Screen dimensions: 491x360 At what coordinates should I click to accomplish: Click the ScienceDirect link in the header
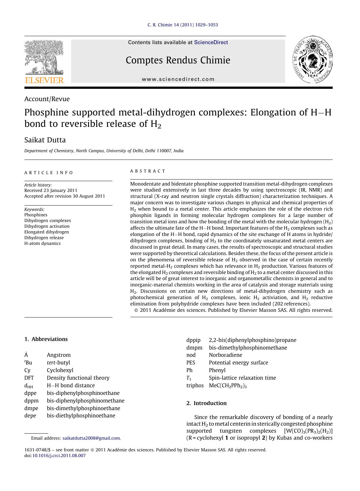(x=211, y=43)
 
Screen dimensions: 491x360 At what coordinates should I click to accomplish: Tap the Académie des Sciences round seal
(x=312, y=59)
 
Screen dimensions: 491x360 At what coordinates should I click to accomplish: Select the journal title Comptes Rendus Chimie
(x=178, y=60)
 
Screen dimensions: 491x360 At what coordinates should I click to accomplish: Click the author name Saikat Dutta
(x=45, y=140)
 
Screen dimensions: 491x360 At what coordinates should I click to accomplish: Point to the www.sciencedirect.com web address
(x=178, y=79)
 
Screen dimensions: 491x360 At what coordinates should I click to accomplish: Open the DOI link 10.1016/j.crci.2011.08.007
(x=59, y=455)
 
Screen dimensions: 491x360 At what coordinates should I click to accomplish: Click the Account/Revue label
(x=47, y=99)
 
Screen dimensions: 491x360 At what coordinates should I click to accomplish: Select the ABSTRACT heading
(x=148, y=171)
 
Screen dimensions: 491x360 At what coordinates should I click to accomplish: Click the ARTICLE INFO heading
(x=49, y=173)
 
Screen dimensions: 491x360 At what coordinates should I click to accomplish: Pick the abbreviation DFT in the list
(x=29, y=378)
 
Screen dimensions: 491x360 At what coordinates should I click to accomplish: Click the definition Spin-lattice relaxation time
(x=242, y=378)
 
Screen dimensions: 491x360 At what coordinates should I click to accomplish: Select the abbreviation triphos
(x=195, y=385)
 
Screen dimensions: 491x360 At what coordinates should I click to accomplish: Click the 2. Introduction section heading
(x=206, y=403)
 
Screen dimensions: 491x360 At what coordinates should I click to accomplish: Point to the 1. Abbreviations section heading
(x=46, y=339)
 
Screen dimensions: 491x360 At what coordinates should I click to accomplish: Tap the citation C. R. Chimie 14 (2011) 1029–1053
(x=183, y=25)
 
